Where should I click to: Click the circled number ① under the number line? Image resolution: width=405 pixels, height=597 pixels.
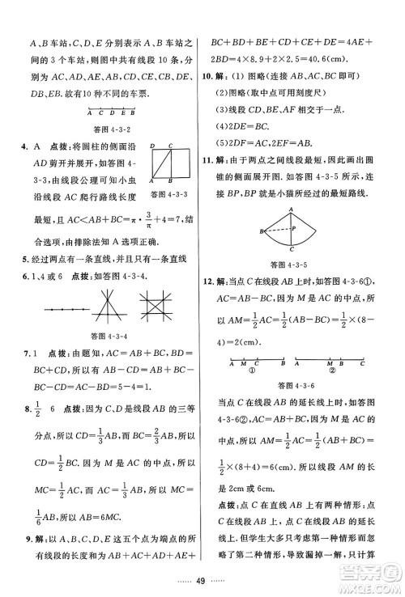(252, 373)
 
